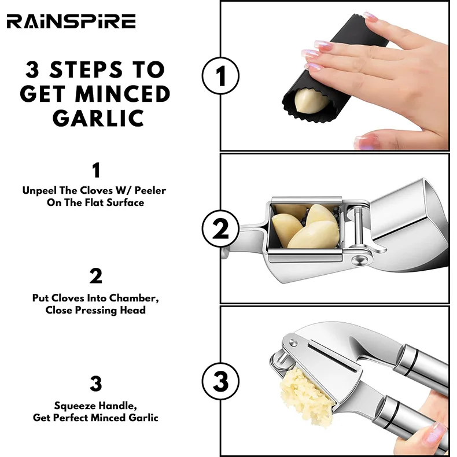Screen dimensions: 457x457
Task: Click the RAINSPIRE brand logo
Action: point(71,22)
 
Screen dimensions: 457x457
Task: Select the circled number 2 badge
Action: point(220,229)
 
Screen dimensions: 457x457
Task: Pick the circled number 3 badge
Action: point(220,382)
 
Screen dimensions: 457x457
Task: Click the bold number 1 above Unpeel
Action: point(96,171)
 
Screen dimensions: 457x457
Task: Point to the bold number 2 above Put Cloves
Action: point(96,277)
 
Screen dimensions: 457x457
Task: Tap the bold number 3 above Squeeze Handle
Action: point(96,384)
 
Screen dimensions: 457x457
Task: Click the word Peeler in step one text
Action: point(154,190)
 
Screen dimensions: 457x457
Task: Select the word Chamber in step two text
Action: point(137,298)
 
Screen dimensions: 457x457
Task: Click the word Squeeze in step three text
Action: point(74,406)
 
